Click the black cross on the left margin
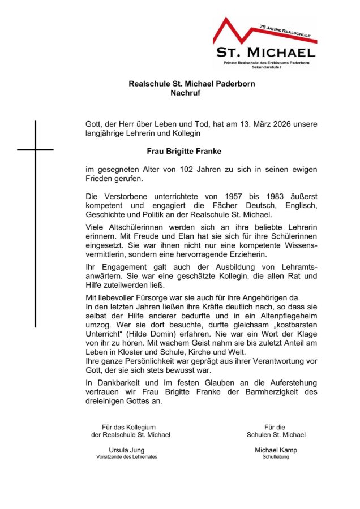[x=35, y=149]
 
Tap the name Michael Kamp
[x=276, y=450]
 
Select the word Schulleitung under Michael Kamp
[x=276, y=457]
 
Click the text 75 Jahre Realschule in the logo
[x=286, y=32]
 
